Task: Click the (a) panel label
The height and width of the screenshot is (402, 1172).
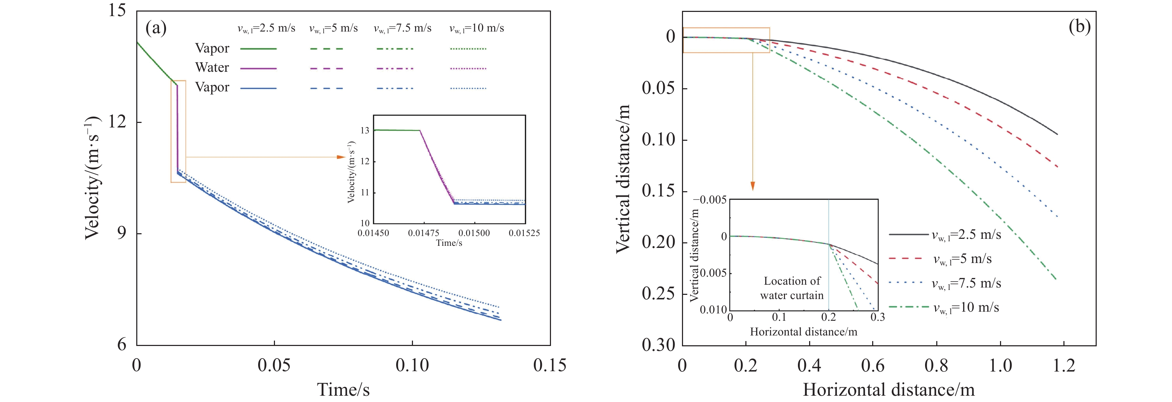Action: pyautogui.click(x=156, y=28)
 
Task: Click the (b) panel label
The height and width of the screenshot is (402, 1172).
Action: pyautogui.click(x=1079, y=27)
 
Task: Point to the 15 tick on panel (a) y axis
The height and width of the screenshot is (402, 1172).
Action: pyautogui.click(x=117, y=10)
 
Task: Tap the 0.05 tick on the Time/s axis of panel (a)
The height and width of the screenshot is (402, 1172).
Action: pyautogui.click(x=274, y=365)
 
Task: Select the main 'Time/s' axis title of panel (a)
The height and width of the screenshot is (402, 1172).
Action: pyautogui.click(x=343, y=390)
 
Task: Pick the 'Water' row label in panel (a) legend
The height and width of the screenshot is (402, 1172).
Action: pyautogui.click(x=212, y=68)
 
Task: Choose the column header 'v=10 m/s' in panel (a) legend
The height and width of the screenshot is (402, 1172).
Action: pyautogui.click(x=476, y=28)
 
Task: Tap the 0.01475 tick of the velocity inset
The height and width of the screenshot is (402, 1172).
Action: pyautogui.click(x=423, y=233)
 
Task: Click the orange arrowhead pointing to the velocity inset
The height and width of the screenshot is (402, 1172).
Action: pyautogui.click(x=341, y=157)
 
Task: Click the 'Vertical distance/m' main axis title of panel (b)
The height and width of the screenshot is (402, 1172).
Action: pyautogui.click(x=623, y=178)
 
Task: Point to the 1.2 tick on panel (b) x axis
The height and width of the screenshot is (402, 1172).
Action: pyautogui.click(x=1064, y=365)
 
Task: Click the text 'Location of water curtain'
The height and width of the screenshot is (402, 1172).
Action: pyautogui.click(x=792, y=288)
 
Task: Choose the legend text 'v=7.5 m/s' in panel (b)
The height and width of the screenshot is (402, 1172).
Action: pyautogui.click(x=966, y=283)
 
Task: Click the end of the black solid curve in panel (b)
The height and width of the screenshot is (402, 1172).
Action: pyautogui.click(x=1056, y=134)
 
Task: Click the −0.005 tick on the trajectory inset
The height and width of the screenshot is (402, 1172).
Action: pyautogui.click(x=709, y=200)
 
